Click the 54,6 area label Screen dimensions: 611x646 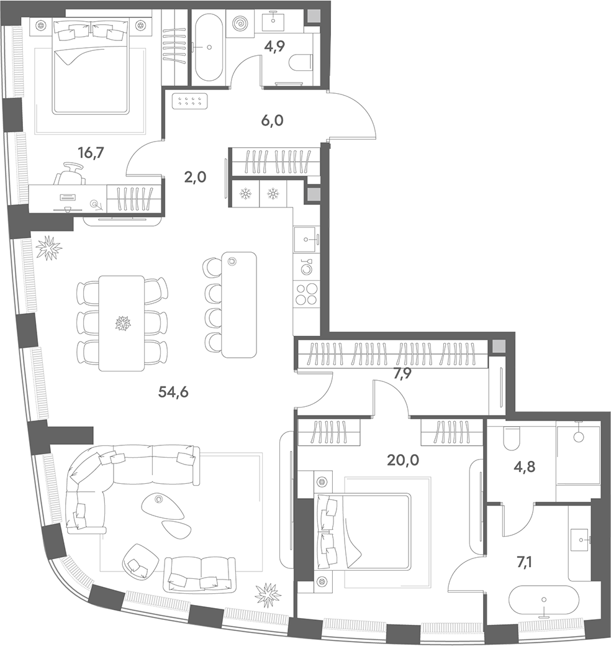[173, 392]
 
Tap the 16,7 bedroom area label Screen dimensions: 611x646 [91, 153]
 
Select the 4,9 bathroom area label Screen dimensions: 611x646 [274, 47]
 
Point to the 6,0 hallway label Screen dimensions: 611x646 [272, 121]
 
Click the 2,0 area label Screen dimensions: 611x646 [195, 177]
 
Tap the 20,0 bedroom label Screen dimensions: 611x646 [403, 460]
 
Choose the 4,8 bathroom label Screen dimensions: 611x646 [525, 467]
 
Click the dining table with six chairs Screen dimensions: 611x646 [122, 324]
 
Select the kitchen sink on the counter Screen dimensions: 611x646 [306, 239]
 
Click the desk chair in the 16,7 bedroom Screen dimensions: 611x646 [70, 174]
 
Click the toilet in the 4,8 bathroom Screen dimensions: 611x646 [512, 439]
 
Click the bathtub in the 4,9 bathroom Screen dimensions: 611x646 [209, 47]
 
